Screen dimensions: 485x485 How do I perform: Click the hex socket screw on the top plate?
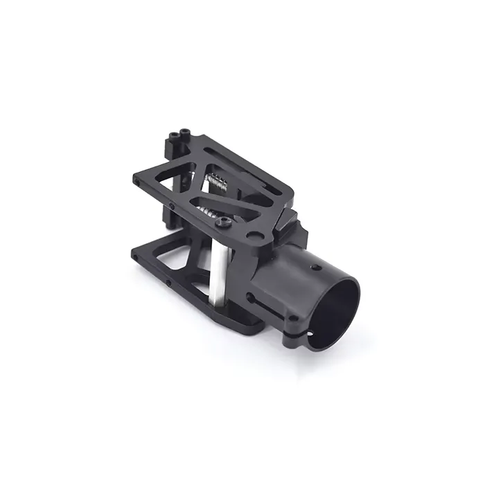coord(224,223)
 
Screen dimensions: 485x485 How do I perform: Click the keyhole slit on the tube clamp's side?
coord(260,300)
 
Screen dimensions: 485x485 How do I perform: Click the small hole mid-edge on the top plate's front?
coord(172,206)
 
